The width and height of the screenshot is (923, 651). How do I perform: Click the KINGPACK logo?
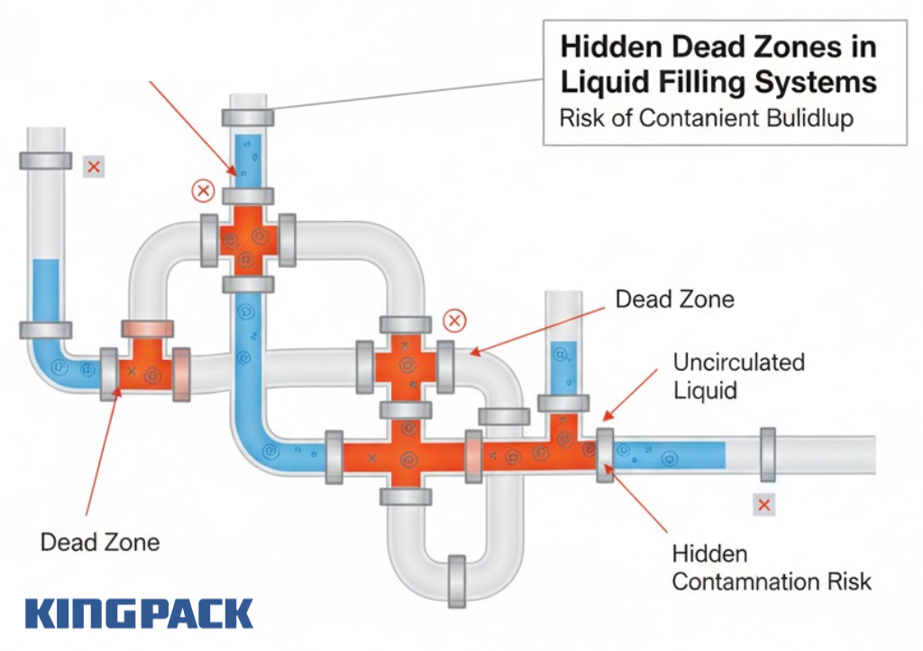click(139, 614)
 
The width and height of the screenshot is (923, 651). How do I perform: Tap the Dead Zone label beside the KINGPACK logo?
click(100, 542)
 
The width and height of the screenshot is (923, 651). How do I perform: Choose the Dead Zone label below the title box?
click(674, 298)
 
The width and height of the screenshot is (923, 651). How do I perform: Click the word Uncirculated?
click(738, 362)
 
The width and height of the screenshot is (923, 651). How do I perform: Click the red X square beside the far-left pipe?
click(93, 167)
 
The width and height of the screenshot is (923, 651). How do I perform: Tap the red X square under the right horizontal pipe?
click(764, 505)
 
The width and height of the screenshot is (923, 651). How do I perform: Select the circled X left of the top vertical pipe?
click(204, 191)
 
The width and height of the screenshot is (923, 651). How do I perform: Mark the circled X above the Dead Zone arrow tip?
click(456, 320)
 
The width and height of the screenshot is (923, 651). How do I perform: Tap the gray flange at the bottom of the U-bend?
click(455, 576)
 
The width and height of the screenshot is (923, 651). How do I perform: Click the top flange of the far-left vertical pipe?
click(44, 160)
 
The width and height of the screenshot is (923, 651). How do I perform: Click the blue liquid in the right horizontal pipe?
click(672, 454)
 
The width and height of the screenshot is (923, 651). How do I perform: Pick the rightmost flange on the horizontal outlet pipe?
click(768, 454)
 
